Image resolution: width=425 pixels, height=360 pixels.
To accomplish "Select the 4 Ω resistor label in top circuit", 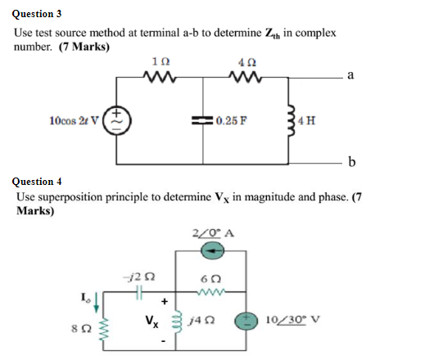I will pos(246,61).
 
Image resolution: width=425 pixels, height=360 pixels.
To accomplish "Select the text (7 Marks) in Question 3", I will pos(82,47).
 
